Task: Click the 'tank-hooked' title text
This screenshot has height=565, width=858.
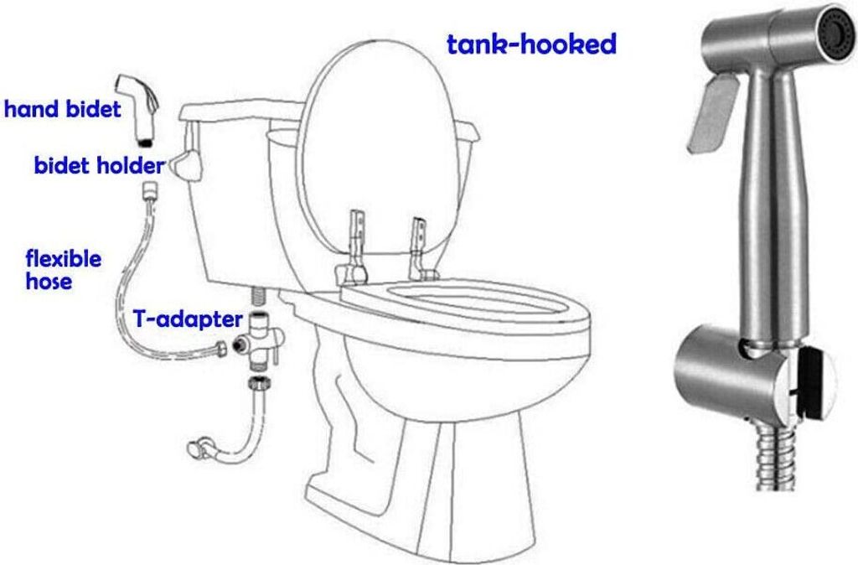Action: click(531, 44)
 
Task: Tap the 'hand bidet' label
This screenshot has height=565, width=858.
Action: click(62, 108)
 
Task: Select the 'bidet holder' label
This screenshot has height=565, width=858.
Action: click(99, 165)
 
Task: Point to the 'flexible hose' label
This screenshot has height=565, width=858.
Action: click(64, 269)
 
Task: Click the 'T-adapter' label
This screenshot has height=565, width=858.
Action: click(188, 319)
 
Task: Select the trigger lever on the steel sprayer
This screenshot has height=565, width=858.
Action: click(711, 113)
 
